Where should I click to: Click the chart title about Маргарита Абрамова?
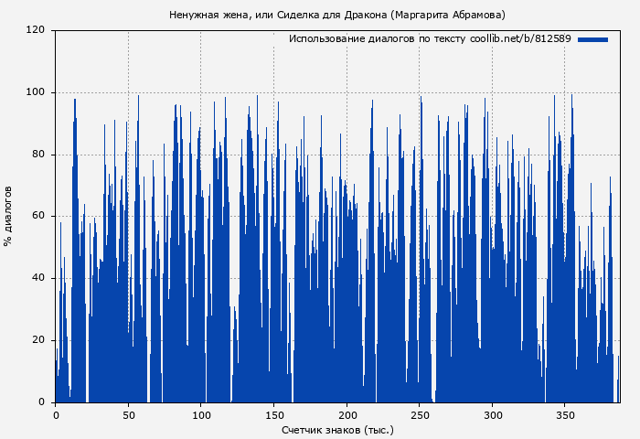(337, 15)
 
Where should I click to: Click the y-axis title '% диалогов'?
(8, 216)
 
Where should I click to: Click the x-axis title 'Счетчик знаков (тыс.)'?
(337, 429)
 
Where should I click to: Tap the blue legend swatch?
(592, 39)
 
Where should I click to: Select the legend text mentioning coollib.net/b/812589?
(430, 39)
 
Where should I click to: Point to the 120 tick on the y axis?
(37, 30)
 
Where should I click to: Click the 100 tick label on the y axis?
(37, 92)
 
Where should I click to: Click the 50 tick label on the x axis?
(128, 414)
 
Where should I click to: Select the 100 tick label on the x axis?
(201, 414)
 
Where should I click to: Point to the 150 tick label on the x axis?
(273, 414)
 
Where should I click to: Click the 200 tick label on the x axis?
(347, 414)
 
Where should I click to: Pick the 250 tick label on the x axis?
(420, 414)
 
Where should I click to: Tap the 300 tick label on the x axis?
(492, 414)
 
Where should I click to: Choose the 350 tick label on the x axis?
(565, 414)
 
